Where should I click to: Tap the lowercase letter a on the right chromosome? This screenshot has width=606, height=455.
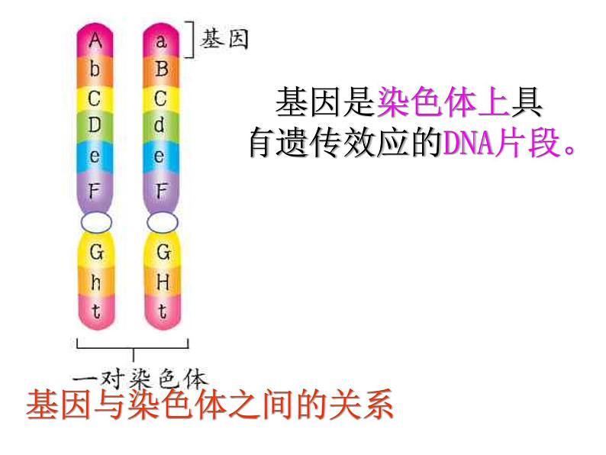click(x=160, y=40)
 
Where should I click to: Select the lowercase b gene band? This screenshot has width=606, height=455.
click(x=95, y=69)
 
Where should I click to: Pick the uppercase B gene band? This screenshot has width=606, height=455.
click(x=160, y=69)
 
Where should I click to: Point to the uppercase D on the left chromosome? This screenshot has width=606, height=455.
click(x=95, y=126)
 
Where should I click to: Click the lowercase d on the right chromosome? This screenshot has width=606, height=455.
click(x=160, y=126)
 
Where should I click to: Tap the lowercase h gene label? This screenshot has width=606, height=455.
click(x=95, y=282)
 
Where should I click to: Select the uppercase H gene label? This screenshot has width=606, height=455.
click(x=162, y=282)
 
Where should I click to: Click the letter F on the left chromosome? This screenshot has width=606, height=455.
click(x=95, y=190)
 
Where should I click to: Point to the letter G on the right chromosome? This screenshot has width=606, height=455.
click(x=162, y=251)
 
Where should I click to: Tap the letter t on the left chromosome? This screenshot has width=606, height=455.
click(x=95, y=311)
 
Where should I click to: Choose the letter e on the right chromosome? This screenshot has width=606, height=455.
click(x=160, y=157)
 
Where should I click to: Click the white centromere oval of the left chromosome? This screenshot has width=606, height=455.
click(x=95, y=222)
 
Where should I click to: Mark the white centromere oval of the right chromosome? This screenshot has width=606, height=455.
click(x=162, y=222)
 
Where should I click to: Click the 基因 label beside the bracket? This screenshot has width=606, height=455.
click(x=224, y=39)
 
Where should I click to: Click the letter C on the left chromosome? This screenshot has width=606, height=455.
click(x=95, y=98)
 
